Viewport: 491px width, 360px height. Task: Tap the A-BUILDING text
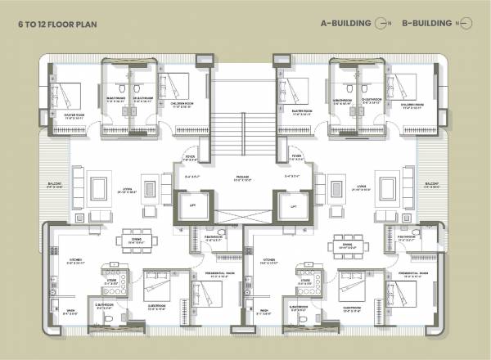coord(346,25)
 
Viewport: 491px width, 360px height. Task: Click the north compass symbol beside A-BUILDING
coord(381,25)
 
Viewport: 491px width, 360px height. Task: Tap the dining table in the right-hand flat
coord(348,242)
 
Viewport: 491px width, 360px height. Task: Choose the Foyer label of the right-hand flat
coord(296,155)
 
